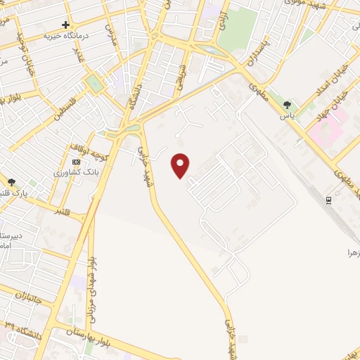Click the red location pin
(181, 165)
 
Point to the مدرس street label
(109, 33)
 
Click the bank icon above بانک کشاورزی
(76, 162)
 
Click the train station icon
(328, 200)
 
